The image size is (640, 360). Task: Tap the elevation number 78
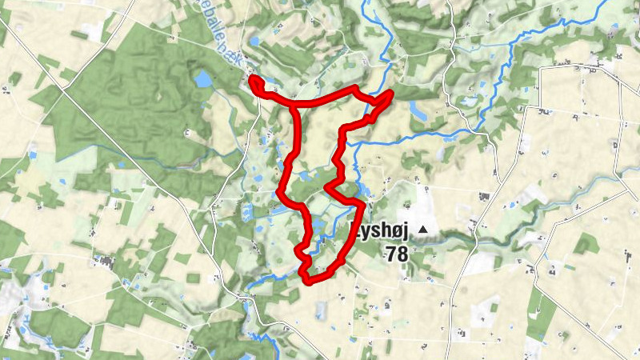pos(396,254)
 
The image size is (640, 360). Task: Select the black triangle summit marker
pos(422,231)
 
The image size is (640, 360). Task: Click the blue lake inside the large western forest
pos(204,78)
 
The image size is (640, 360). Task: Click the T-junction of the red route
pos(294,104)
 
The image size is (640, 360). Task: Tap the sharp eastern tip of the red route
pos(392,94)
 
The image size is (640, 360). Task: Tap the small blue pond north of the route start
pos(254,42)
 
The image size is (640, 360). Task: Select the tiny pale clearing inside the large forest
pos(187,133)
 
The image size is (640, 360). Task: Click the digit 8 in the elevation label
pos(402,254)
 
